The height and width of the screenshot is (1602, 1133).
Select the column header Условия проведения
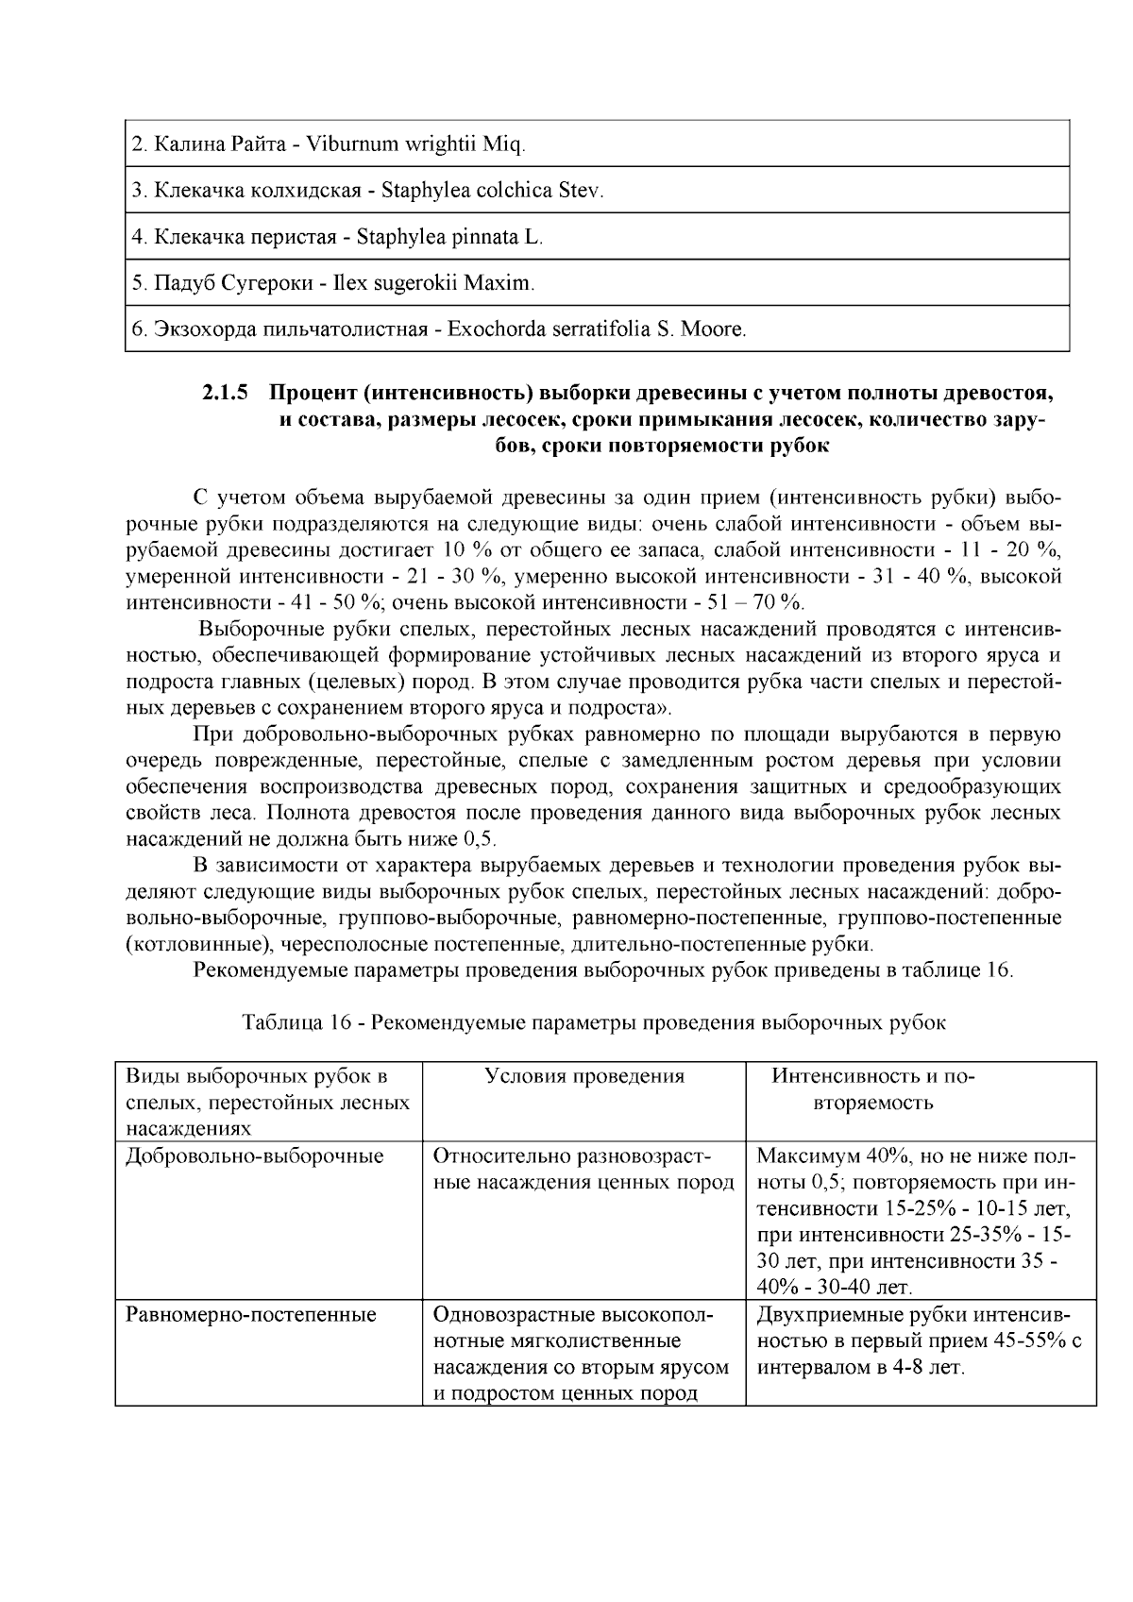(583, 1077)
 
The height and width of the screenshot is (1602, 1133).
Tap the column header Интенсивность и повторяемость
(872, 1089)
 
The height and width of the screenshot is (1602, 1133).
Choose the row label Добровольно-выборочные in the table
(255, 1156)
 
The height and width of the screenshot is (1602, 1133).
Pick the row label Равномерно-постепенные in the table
(251, 1315)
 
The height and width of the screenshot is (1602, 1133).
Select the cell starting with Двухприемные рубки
(919, 1341)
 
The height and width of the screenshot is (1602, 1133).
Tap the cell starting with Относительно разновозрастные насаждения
(583, 1170)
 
